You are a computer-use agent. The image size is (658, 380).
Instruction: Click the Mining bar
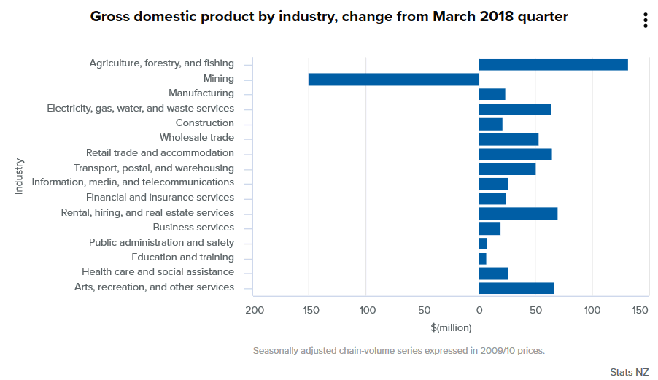393,79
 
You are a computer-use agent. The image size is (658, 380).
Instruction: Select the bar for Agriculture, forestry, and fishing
553,64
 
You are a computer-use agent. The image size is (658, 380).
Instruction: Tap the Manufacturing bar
492,94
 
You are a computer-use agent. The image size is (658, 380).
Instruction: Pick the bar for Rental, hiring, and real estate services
518,213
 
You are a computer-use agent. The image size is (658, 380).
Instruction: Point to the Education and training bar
482,258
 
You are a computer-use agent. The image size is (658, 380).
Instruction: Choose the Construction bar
490,124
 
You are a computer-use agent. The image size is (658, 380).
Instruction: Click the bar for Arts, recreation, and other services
516,288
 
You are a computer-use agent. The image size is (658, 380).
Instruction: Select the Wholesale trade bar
508,139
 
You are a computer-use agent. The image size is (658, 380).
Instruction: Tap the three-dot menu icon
646,20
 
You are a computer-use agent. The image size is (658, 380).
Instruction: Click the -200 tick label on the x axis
253,310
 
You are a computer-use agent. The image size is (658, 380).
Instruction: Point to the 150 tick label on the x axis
640,310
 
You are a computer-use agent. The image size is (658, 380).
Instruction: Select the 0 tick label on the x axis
479,310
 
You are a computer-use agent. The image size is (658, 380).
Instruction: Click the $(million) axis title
451,327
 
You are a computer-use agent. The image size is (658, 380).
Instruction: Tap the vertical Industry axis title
19,176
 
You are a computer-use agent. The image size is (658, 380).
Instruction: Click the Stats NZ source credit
629,372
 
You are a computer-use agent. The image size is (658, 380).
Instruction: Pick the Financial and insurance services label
160,198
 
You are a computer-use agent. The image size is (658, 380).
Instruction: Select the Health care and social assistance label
158,272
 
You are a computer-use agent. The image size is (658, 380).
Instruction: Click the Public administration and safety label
161,242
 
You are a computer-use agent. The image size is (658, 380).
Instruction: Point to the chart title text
329,16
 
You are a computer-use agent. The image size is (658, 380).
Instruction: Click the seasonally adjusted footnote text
398,351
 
